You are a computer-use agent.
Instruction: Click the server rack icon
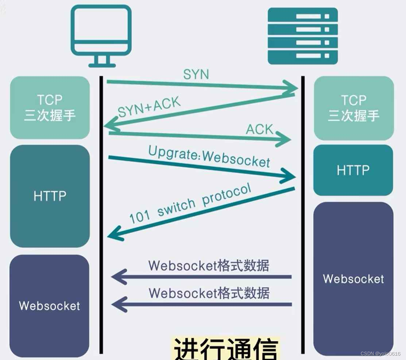tap(302, 35)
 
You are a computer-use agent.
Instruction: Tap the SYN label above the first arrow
tap(196, 74)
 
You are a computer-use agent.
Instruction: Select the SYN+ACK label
tap(149, 107)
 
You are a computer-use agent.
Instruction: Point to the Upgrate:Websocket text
tap(209, 157)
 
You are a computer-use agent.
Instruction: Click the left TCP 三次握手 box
tap(50, 108)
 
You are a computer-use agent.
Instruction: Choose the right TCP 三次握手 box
tap(353, 108)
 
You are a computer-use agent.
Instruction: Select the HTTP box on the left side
tap(50, 196)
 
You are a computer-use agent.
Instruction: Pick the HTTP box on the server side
tap(353, 170)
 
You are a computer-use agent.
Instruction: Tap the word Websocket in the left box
tap(49, 306)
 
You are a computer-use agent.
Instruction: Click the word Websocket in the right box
tap(353, 279)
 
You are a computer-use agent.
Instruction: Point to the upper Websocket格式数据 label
tap(209, 266)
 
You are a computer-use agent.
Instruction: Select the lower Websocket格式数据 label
tap(209, 293)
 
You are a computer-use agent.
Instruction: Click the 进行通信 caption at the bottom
tap(225, 349)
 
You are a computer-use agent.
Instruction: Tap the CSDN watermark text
tap(380, 354)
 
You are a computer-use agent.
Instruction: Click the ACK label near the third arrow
tap(259, 129)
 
